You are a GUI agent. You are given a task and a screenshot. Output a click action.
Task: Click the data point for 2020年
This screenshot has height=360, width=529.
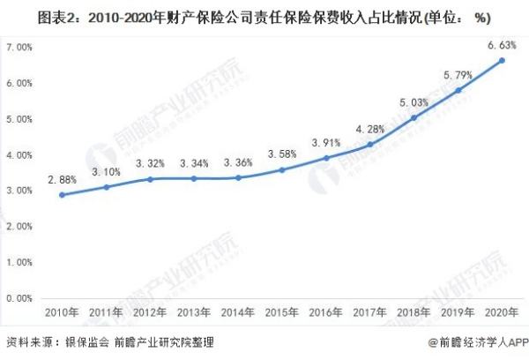pyautogui.click(x=502, y=60)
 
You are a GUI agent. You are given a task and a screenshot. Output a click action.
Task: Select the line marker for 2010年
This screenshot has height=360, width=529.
pyautogui.click(x=62, y=194)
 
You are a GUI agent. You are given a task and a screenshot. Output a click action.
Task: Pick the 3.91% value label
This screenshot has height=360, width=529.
pyautogui.click(x=325, y=141)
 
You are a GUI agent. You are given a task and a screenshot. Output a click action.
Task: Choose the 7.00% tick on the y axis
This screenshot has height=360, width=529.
pyautogui.click(x=19, y=47)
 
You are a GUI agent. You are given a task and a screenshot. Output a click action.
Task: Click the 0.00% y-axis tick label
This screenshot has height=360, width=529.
pyautogui.click(x=19, y=298)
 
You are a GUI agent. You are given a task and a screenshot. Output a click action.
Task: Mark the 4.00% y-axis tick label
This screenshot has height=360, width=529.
pyautogui.click(x=19, y=154)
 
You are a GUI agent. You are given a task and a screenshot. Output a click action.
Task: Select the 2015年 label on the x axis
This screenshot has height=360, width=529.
pyautogui.click(x=281, y=313)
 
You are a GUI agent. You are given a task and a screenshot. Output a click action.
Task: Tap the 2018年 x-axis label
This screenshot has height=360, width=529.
pyautogui.click(x=414, y=313)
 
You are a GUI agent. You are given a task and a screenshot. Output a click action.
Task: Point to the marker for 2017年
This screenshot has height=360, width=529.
pyautogui.click(x=370, y=144)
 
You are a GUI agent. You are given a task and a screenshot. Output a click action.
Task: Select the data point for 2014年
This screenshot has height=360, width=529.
pyautogui.click(x=238, y=177)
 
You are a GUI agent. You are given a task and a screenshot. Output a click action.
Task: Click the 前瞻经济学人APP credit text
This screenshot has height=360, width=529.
pyautogui.click(x=481, y=342)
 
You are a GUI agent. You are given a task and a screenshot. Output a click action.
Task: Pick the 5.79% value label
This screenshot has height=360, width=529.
pyautogui.click(x=458, y=72)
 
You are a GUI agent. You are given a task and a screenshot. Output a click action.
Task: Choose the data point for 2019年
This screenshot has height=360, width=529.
pyautogui.click(x=458, y=90)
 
